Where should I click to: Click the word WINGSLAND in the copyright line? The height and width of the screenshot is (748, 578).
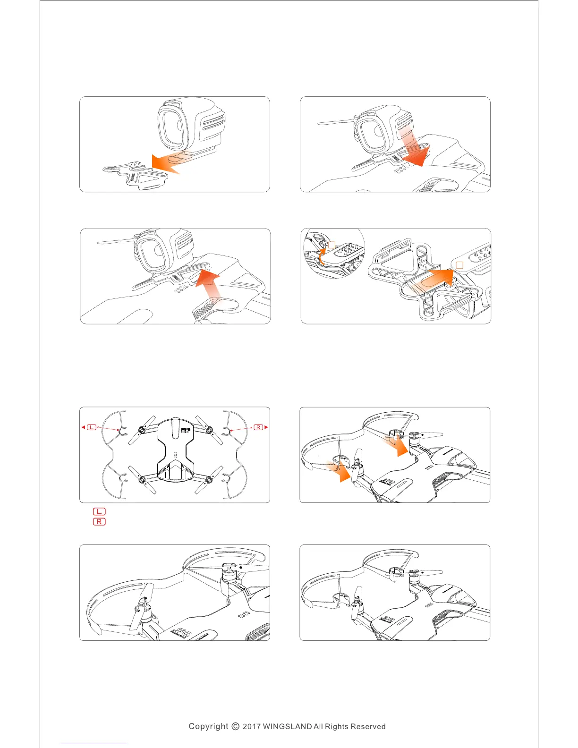pyautogui.click(x=287, y=726)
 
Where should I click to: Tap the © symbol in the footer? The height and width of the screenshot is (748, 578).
pyautogui.click(x=236, y=726)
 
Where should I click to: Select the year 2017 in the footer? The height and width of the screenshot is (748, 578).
pyautogui.click(x=251, y=726)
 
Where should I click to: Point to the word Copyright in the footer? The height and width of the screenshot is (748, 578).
pyautogui.click(x=208, y=726)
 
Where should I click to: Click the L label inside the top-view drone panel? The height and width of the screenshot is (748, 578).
pyautogui.click(x=92, y=427)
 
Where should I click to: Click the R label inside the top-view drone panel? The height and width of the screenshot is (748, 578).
pyautogui.click(x=258, y=427)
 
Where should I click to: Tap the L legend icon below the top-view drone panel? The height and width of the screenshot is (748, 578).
pyautogui.click(x=99, y=511)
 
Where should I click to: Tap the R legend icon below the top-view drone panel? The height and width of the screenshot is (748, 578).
pyautogui.click(x=99, y=522)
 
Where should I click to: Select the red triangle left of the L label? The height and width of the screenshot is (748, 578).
pyautogui.click(x=83, y=427)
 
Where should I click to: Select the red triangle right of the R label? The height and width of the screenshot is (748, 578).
pyautogui.click(x=266, y=427)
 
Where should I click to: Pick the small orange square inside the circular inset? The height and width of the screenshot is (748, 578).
pyautogui.click(x=331, y=245)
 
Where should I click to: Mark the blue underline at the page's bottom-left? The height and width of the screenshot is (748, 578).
pyautogui.click(x=93, y=744)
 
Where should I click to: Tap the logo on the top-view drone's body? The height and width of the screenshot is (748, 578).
pyautogui.click(x=186, y=430)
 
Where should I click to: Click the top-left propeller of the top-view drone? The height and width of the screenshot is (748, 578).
pyautogui.click(x=142, y=430)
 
